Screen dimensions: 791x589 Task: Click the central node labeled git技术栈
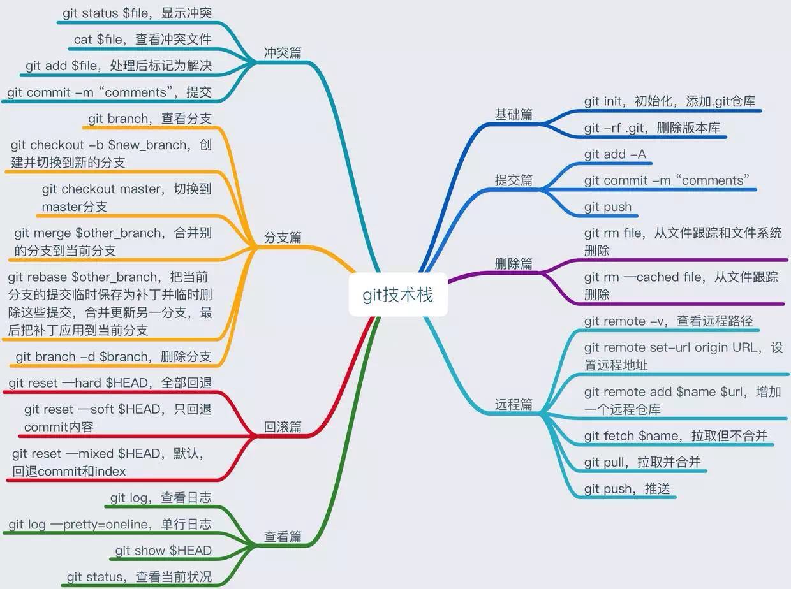(398, 294)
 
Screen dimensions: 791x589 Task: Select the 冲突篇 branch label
(283, 53)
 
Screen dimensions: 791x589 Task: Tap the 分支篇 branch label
(283, 238)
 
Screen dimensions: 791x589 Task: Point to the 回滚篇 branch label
(283, 427)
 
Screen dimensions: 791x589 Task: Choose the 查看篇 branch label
(283, 537)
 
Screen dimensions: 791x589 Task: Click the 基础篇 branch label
(514, 115)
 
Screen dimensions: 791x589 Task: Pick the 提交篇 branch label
(514, 180)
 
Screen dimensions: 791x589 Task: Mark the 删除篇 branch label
(514, 264)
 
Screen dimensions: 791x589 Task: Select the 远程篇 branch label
(514, 404)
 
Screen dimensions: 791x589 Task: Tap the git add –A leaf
(615, 154)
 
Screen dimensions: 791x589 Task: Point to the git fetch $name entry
(676, 435)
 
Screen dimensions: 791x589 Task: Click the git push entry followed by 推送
(627, 489)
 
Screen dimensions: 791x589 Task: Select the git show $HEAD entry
(163, 550)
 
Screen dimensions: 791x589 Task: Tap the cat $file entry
(142, 39)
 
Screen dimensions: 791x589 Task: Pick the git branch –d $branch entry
(114, 356)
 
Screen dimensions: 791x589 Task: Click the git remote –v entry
(669, 321)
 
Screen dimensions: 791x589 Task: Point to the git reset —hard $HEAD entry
(110, 383)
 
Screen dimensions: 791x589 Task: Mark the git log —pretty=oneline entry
(110, 524)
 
